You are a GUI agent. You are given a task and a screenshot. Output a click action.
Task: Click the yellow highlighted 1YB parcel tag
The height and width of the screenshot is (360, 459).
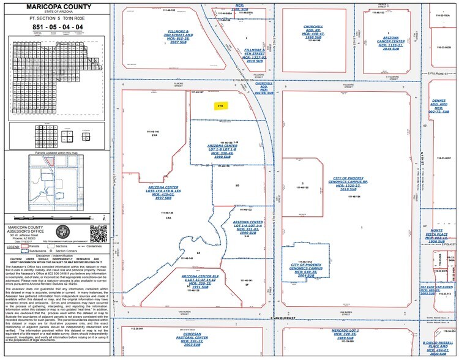219,105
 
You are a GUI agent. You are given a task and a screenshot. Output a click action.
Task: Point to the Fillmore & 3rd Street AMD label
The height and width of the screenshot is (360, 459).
178,36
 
